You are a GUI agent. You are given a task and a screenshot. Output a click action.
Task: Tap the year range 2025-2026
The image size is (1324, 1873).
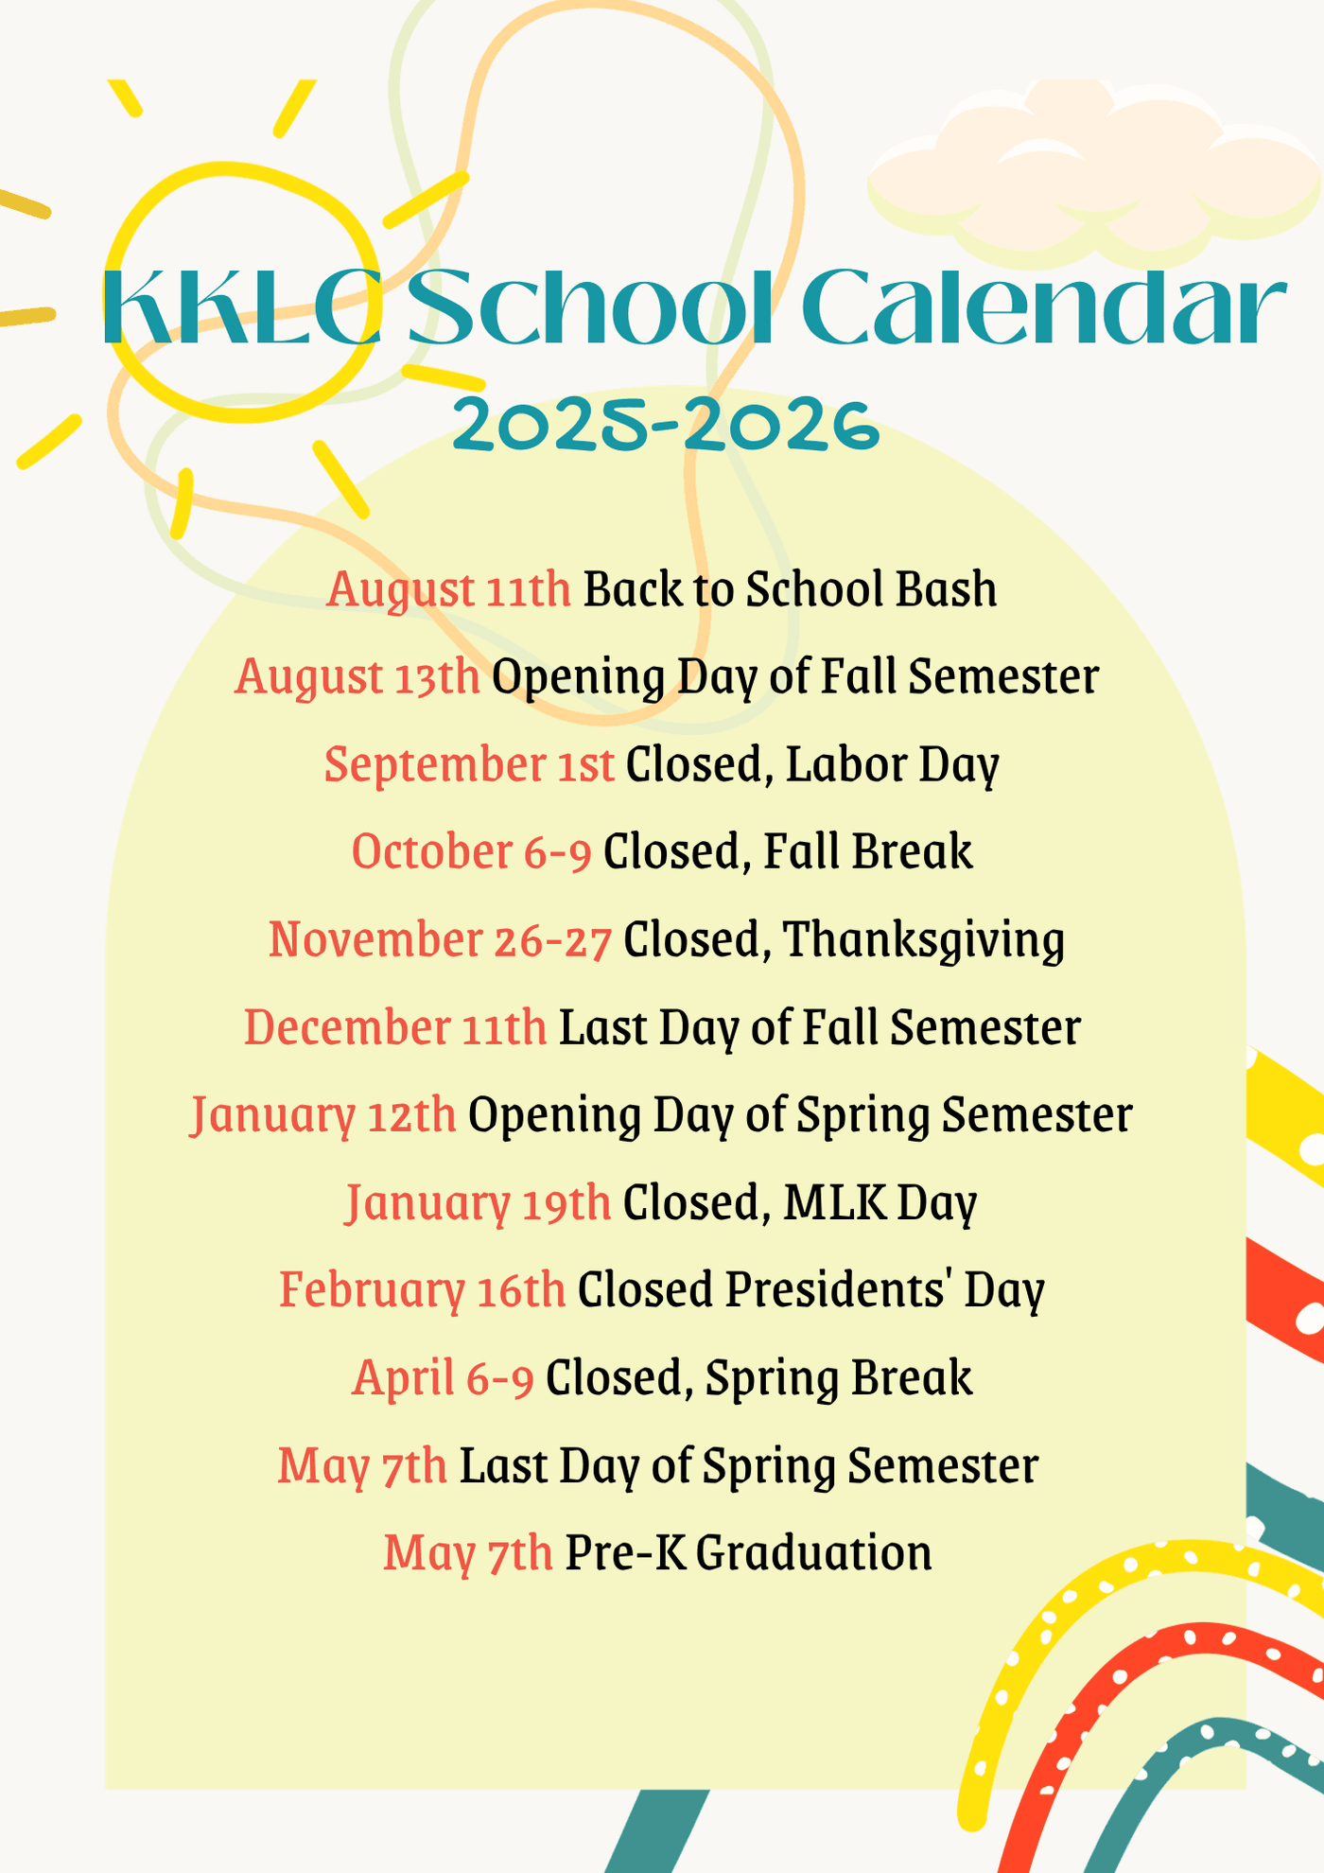pyautogui.click(x=666, y=425)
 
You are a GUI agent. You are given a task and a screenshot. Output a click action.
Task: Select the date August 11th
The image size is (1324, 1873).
pyautogui.click(x=449, y=590)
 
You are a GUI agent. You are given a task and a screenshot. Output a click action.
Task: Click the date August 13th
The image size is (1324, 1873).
pyautogui.click(x=357, y=677)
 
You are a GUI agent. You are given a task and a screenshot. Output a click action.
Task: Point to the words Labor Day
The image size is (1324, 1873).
pyautogui.click(x=892, y=765)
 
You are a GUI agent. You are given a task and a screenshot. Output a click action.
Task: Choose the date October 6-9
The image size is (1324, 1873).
pyautogui.click(x=472, y=852)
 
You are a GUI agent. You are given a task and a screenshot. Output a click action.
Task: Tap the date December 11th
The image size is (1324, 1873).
pyautogui.click(x=395, y=1028)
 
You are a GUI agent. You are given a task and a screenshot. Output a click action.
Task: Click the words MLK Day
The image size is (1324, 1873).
pyautogui.click(x=880, y=1203)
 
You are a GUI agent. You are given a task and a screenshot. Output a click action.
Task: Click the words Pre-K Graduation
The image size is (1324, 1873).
pyautogui.click(x=748, y=1553)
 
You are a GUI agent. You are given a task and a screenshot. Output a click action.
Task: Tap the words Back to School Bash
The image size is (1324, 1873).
pyautogui.click(x=790, y=589)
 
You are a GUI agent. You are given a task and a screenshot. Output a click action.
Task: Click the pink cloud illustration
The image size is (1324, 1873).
pyautogui.click(x=1094, y=170)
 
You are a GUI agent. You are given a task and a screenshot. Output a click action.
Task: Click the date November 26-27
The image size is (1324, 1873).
pyautogui.click(x=441, y=940)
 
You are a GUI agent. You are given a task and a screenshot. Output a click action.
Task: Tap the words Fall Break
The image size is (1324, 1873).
pyautogui.click(x=867, y=852)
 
